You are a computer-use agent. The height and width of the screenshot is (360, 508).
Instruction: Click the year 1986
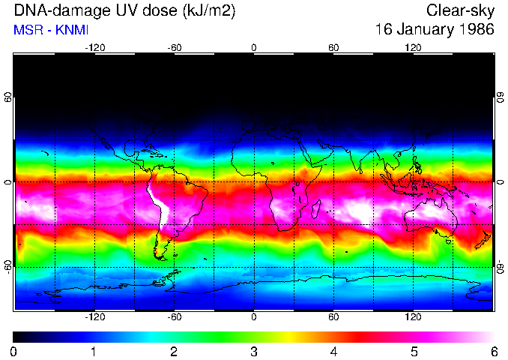click(x=477, y=30)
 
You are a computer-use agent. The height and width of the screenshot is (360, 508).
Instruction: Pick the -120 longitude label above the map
click(x=94, y=47)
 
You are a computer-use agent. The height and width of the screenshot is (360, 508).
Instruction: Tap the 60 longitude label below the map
click(x=333, y=317)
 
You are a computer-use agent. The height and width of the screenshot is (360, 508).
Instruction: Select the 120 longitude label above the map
click(x=413, y=47)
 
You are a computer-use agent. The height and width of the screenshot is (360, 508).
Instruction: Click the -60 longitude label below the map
click(x=174, y=317)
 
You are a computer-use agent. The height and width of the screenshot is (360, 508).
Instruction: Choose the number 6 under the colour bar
click(x=494, y=351)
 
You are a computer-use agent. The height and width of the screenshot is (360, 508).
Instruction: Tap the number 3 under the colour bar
click(x=254, y=351)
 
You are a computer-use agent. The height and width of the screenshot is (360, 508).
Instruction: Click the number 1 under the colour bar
click(x=94, y=351)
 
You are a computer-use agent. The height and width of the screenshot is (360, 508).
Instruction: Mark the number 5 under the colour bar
click(x=414, y=351)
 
